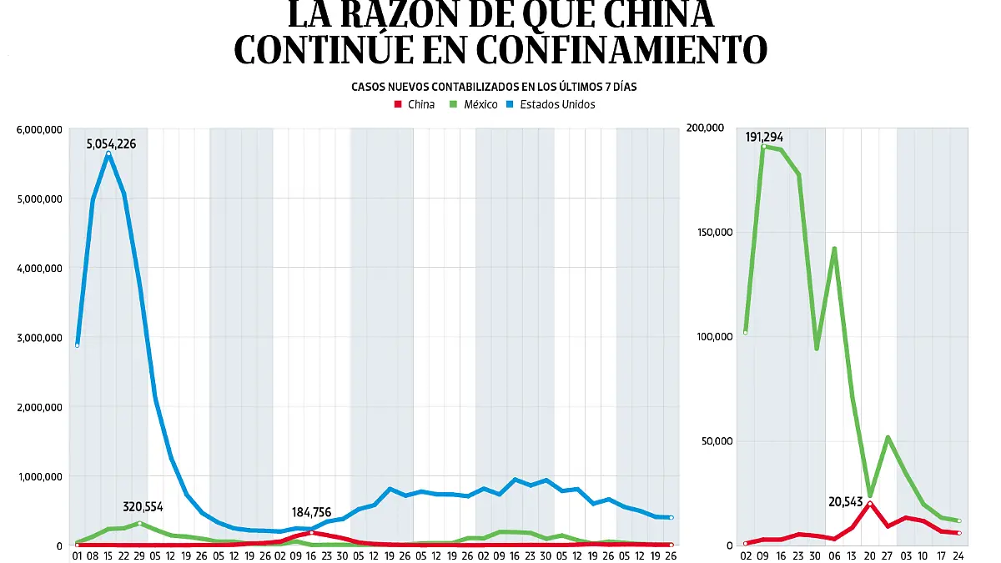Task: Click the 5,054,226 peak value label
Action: click(111, 144)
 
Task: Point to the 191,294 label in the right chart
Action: click(764, 137)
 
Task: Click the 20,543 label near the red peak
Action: click(848, 479)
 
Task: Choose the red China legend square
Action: click(398, 105)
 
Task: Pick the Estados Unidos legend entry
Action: click(550, 105)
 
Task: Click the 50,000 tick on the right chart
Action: click(712, 441)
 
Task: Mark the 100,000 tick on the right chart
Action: click(709, 337)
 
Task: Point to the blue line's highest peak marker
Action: click(108, 153)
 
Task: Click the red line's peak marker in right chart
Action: click(870, 503)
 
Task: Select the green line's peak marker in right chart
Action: click(763, 147)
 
